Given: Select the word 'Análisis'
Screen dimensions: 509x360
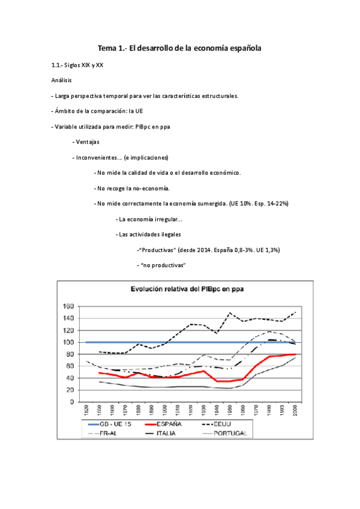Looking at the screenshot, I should point(62,79).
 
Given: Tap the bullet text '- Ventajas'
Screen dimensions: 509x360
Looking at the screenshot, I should point(85,142).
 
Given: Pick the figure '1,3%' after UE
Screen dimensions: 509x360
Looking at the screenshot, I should point(271,250).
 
